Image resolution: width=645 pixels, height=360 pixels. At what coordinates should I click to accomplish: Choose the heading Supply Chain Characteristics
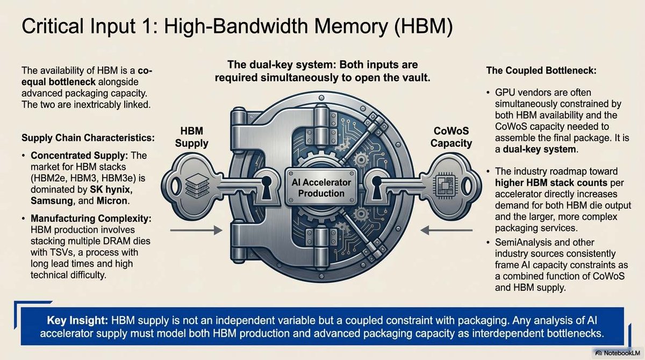(x=88, y=138)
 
